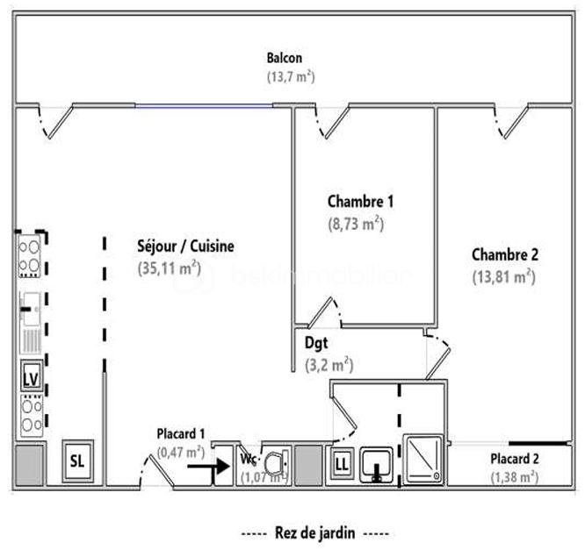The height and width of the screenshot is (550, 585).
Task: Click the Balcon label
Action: point(285,59)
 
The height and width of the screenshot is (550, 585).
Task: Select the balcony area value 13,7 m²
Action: point(291,76)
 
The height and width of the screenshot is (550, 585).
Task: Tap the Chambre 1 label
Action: point(360,202)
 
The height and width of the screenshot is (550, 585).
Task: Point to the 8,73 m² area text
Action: point(356,223)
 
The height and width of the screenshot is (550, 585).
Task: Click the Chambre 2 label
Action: point(505,255)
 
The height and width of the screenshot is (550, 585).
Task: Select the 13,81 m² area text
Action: point(503,276)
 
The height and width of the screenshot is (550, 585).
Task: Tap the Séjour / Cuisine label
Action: point(185,246)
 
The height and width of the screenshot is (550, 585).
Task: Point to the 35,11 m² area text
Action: point(170,268)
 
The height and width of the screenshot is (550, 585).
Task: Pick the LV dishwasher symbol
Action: point(31,379)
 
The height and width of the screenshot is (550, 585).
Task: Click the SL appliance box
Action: point(79,461)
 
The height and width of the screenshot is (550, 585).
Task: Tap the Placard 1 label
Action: point(181,434)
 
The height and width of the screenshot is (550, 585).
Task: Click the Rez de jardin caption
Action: point(314,532)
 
